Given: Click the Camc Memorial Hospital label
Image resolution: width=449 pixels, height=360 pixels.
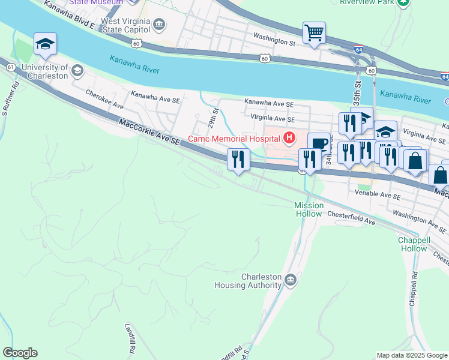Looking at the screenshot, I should click(x=235, y=139).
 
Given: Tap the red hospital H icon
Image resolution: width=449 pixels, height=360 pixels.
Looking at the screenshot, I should click(x=289, y=139).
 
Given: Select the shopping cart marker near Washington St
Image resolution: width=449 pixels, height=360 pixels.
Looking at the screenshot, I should click(x=314, y=33).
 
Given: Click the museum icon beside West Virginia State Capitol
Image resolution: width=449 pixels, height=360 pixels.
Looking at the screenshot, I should click(x=159, y=25).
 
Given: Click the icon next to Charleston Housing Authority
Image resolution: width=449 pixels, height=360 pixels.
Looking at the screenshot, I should click(x=291, y=280).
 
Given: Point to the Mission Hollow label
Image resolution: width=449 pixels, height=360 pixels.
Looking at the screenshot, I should click(x=309, y=209).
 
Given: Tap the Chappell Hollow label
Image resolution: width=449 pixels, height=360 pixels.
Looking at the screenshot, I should click(x=414, y=244).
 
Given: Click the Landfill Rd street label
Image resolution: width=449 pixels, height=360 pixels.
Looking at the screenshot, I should click(x=130, y=338).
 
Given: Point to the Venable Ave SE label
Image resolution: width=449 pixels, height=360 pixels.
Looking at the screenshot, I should click(x=378, y=196).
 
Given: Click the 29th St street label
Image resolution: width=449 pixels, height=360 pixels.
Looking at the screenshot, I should click(x=212, y=118).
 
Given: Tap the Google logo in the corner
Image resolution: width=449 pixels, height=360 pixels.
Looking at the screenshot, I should click(x=20, y=353).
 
